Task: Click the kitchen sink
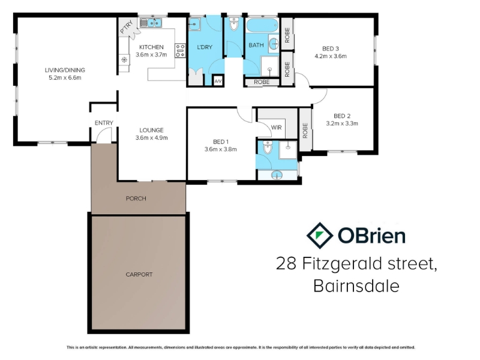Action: pyautogui.click(x=151, y=23)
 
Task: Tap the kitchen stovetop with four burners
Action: pyautogui.click(x=180, y=50)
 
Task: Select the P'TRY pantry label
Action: pyautogui.click(x=127, y=26)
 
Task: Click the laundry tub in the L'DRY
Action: pyautogui.click(x=194, y=24)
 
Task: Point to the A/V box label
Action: pyautogui.click(x=218, y=82)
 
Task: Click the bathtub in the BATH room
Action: pyautogui.click(x=262, y=25)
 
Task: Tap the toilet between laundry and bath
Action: pyautogui.click(x=234, y=25)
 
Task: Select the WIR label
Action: pyautogui.click(x=276, y=127)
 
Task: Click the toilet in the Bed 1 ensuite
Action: pyautogui.click(x=268, y=148)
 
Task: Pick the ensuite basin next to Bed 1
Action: pyautogui.click(x=277, y=175)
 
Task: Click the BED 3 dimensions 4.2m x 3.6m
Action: pyautogui.click(x=331, y=56)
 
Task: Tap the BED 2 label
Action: pyautogui.click(x=342, y=116)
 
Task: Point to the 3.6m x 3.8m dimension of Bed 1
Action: pyautogui.click(x=220, y=149)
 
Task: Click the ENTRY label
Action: pyautogui.click(x=104, y=123)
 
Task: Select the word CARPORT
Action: pyautogui.click(x=139, y=274)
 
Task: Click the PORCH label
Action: pyautogui.click(x=136, y=199)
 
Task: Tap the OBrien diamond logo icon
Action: pyautogui.click(x=320, y=235)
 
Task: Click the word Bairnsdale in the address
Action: pyautogui.click(x=356, y=286)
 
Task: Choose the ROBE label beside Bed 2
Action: pyautogui.click(x=305, y=130)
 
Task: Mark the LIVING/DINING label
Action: pyautogui.click(x=65, y=70)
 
